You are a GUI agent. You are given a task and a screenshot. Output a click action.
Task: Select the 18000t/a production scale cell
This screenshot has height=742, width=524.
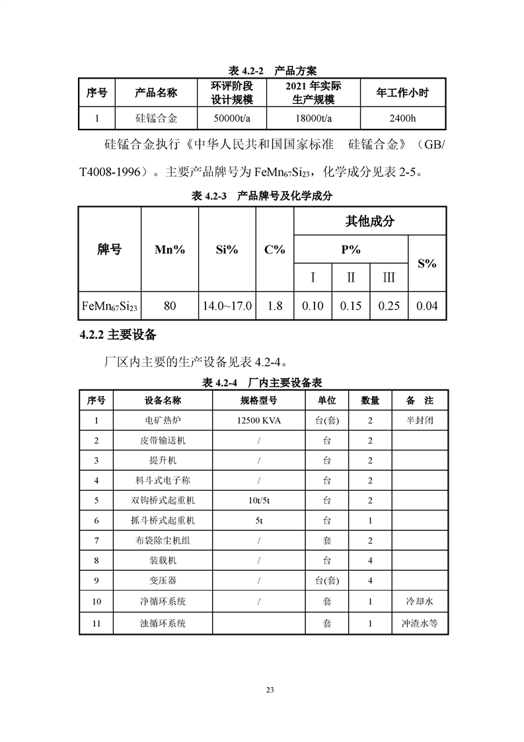(313, 119)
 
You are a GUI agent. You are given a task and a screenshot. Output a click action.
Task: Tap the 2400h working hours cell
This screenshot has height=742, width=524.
(402, 119)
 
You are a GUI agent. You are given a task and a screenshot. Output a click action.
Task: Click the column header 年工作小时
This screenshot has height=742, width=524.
(402, 93)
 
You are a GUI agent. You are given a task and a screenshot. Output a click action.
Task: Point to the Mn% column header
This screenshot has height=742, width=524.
(170, 249)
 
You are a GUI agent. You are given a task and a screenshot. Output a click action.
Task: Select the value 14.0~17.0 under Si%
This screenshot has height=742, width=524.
(227, 306)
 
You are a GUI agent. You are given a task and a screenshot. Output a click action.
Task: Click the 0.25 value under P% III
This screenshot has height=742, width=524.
(389, 306)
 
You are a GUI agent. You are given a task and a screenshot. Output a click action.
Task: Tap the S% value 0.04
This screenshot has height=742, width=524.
(428, 306)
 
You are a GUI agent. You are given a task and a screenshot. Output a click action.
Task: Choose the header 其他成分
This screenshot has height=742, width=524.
(369, 221)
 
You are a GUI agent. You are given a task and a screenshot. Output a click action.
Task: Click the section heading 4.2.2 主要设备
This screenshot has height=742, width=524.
(118, 335)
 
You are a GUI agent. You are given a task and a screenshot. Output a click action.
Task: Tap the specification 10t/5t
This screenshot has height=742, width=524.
(259, 501)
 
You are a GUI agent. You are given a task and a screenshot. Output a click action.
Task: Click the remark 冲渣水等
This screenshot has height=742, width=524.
(420, 622)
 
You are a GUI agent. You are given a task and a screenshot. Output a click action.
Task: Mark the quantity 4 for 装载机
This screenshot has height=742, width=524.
(370, 561)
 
